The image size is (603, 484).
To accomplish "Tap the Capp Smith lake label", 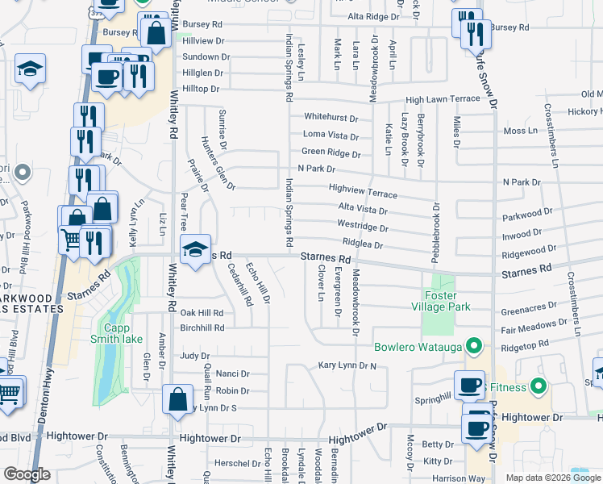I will click(x=123, y=333).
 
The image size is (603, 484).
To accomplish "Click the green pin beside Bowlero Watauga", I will click(x=475, y=348).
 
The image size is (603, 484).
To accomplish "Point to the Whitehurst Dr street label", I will click(x=331, y=118).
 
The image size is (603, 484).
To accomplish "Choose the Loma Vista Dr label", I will click(x=331, y=135).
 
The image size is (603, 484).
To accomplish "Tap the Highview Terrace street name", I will click(x=363, y=191).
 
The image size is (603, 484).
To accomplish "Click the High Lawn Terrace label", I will click(x=443, y=99).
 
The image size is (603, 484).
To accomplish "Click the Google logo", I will click(x=27, y=475).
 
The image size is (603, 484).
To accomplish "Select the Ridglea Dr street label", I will click(x=362, y=244).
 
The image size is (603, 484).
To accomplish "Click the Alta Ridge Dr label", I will click(x=373, y=16).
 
